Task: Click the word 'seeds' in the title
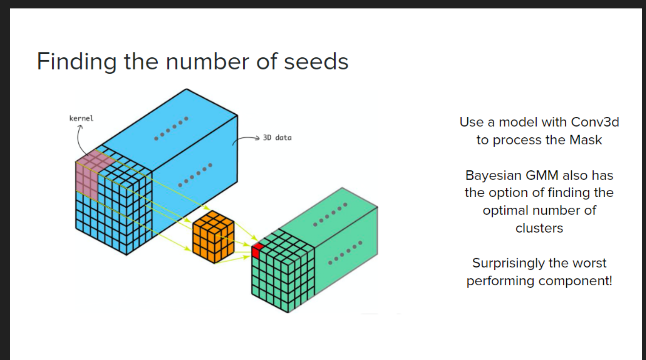316,62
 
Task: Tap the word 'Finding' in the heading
76,62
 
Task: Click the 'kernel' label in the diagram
81,118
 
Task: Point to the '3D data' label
277,138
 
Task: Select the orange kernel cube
213,237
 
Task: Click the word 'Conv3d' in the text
595,122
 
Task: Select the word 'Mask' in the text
586,140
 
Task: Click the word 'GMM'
542,175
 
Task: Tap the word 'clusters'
539,228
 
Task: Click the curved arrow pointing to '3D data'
246,139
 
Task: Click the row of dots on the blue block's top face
171,129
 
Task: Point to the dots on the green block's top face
330,215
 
